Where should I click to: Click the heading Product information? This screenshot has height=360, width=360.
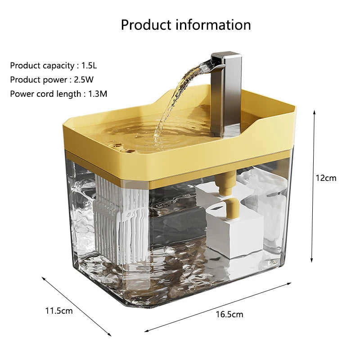[185, 24]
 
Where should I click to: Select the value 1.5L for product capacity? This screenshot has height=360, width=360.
[89, 65]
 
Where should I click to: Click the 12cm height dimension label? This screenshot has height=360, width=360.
[325, 178]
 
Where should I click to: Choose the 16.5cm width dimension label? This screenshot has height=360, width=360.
[229, 314]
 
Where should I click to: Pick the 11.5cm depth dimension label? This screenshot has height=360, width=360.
[58, 310]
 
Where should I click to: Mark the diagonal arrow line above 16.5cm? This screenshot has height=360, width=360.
[218, 307]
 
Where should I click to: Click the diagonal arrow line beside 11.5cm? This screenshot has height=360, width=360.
[76, 306]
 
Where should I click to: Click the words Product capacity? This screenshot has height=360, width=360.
[42, 65]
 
